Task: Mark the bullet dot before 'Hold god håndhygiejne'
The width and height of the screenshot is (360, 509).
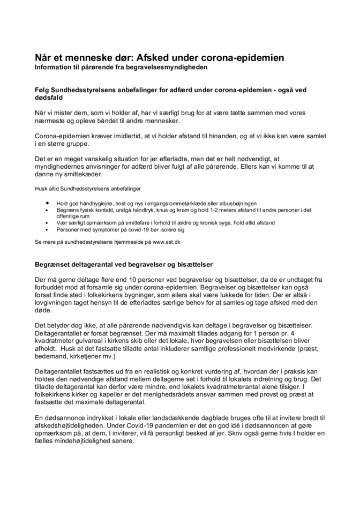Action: pos(48,204)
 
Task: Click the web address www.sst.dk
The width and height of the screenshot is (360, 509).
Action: pos(166,242)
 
